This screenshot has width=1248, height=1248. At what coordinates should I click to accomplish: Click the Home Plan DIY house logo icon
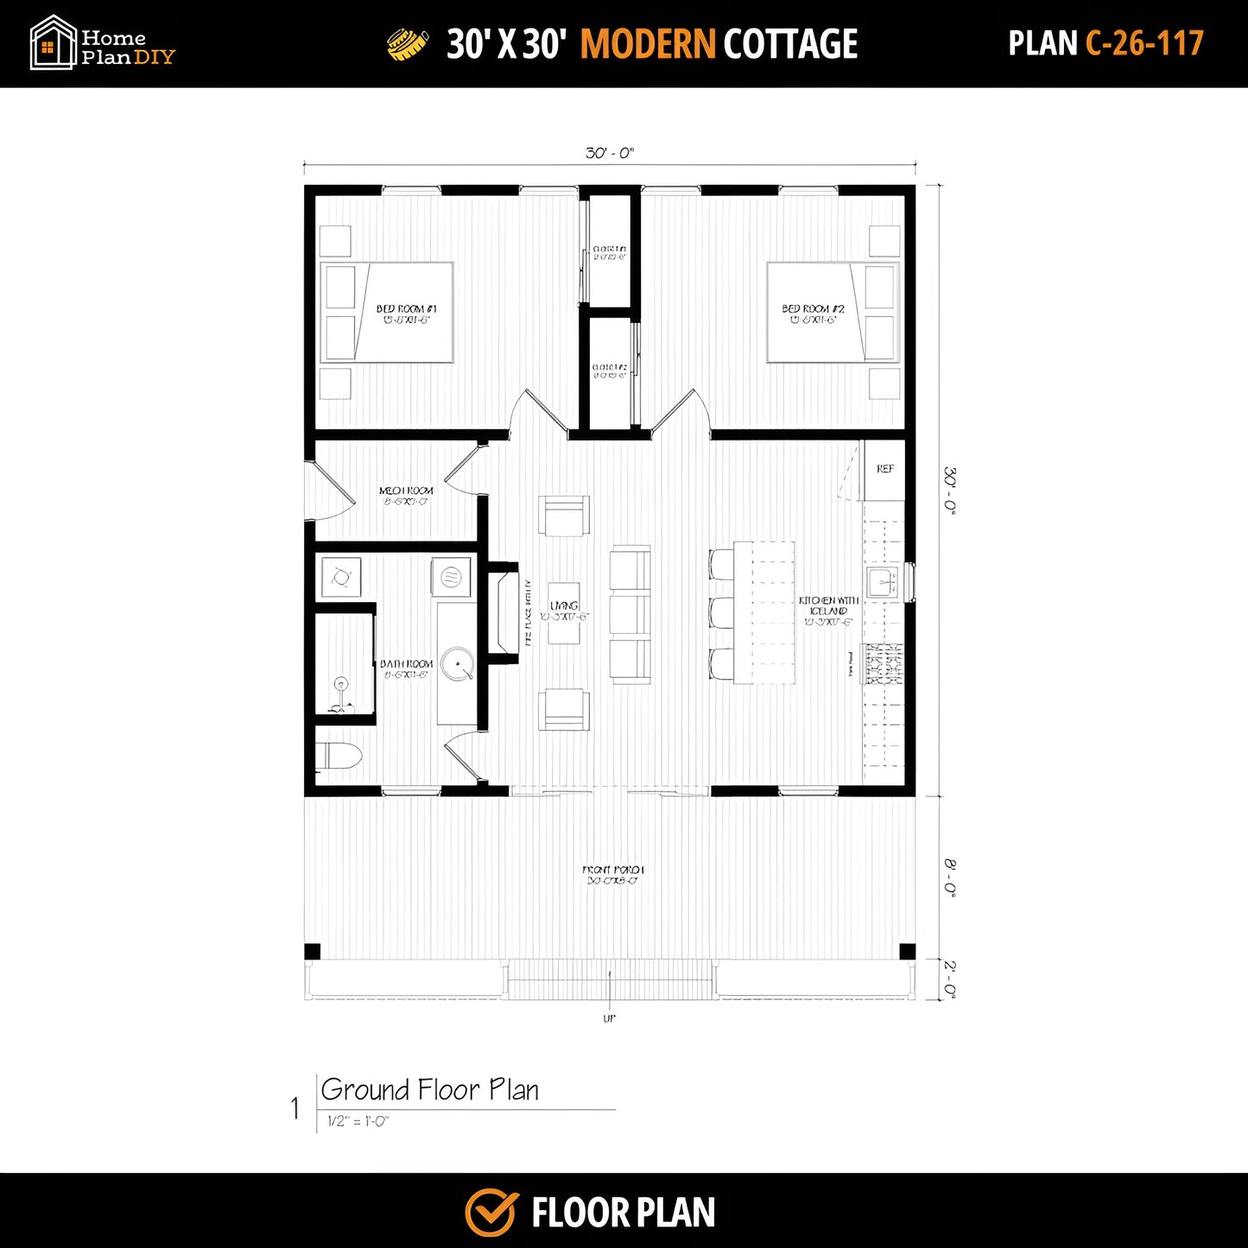click(52, 43)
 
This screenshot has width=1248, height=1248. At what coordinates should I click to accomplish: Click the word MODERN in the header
click(647, 44)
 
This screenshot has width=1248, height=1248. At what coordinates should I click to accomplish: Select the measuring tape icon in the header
click(408, 44)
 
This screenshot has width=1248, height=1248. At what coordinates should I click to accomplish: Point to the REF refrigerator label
click(885, 469)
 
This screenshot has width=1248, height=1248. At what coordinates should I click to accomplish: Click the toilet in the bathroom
click(341, 757)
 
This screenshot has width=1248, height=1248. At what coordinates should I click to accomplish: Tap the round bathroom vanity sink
click(457, 664)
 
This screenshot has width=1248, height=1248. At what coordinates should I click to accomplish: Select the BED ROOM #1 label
click(406, 308)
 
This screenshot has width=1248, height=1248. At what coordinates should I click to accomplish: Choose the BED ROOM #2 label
click(813, 308)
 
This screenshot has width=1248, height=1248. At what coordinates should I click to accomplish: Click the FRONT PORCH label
click(613, 871)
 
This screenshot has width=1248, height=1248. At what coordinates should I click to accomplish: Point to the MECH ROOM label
click(406, 491)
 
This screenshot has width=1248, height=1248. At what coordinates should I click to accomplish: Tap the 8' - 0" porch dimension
click(949, 877)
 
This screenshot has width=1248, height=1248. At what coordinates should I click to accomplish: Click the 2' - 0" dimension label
click(949, 979)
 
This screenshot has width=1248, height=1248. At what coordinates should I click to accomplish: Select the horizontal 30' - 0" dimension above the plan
click(610, 154)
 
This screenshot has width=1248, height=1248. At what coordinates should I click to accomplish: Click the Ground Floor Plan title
click(429, 1090)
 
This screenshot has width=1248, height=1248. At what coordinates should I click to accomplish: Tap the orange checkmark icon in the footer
click(491, 1212)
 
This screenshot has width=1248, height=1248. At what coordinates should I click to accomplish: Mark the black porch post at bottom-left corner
click(313, 952)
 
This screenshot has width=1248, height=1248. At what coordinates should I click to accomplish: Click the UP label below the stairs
click(610, 1019)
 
